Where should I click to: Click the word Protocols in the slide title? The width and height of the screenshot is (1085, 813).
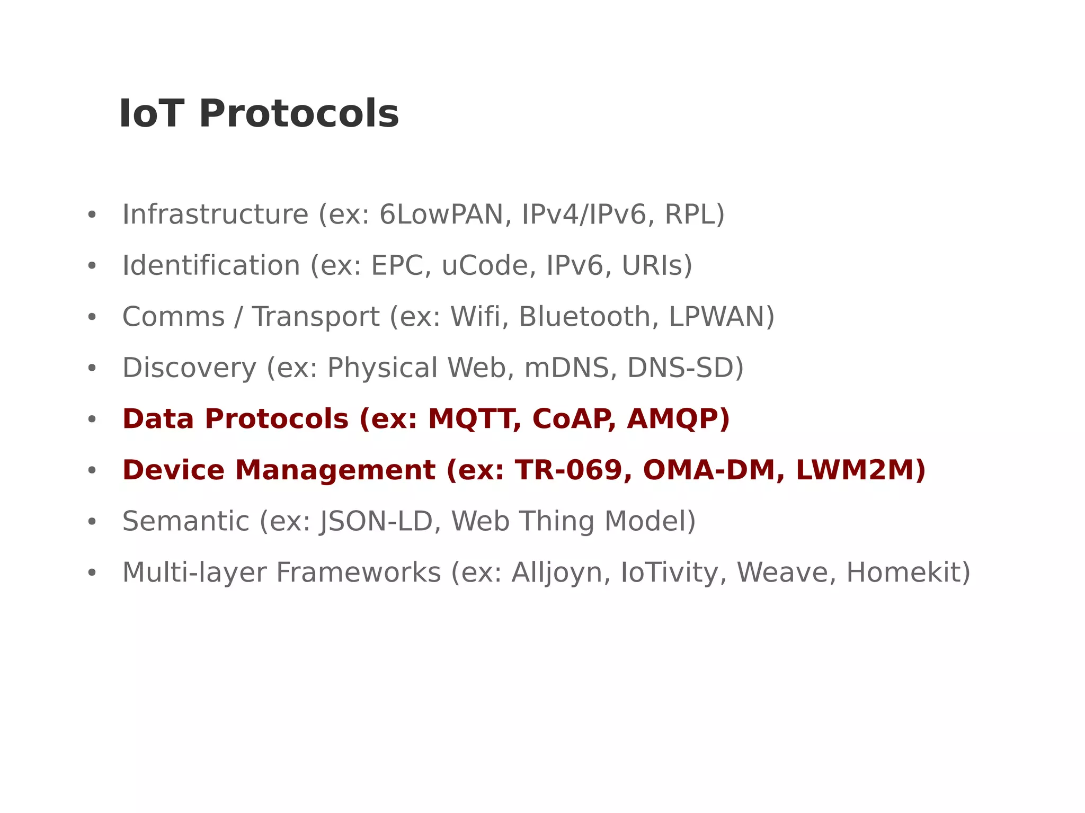298,114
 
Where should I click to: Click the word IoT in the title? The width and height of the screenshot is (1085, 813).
151,114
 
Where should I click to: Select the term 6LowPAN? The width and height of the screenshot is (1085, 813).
442,215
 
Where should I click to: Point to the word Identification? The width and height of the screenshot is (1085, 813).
211,265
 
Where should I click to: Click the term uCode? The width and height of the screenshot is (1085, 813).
485,265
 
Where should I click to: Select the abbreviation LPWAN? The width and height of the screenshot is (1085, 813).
716,317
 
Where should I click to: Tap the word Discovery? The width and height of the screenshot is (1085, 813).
189,368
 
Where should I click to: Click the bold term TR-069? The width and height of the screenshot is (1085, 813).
568,470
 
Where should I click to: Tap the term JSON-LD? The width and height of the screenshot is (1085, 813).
376,521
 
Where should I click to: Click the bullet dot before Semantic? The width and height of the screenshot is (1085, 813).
92,522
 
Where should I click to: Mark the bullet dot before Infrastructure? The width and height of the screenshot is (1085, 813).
92,215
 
